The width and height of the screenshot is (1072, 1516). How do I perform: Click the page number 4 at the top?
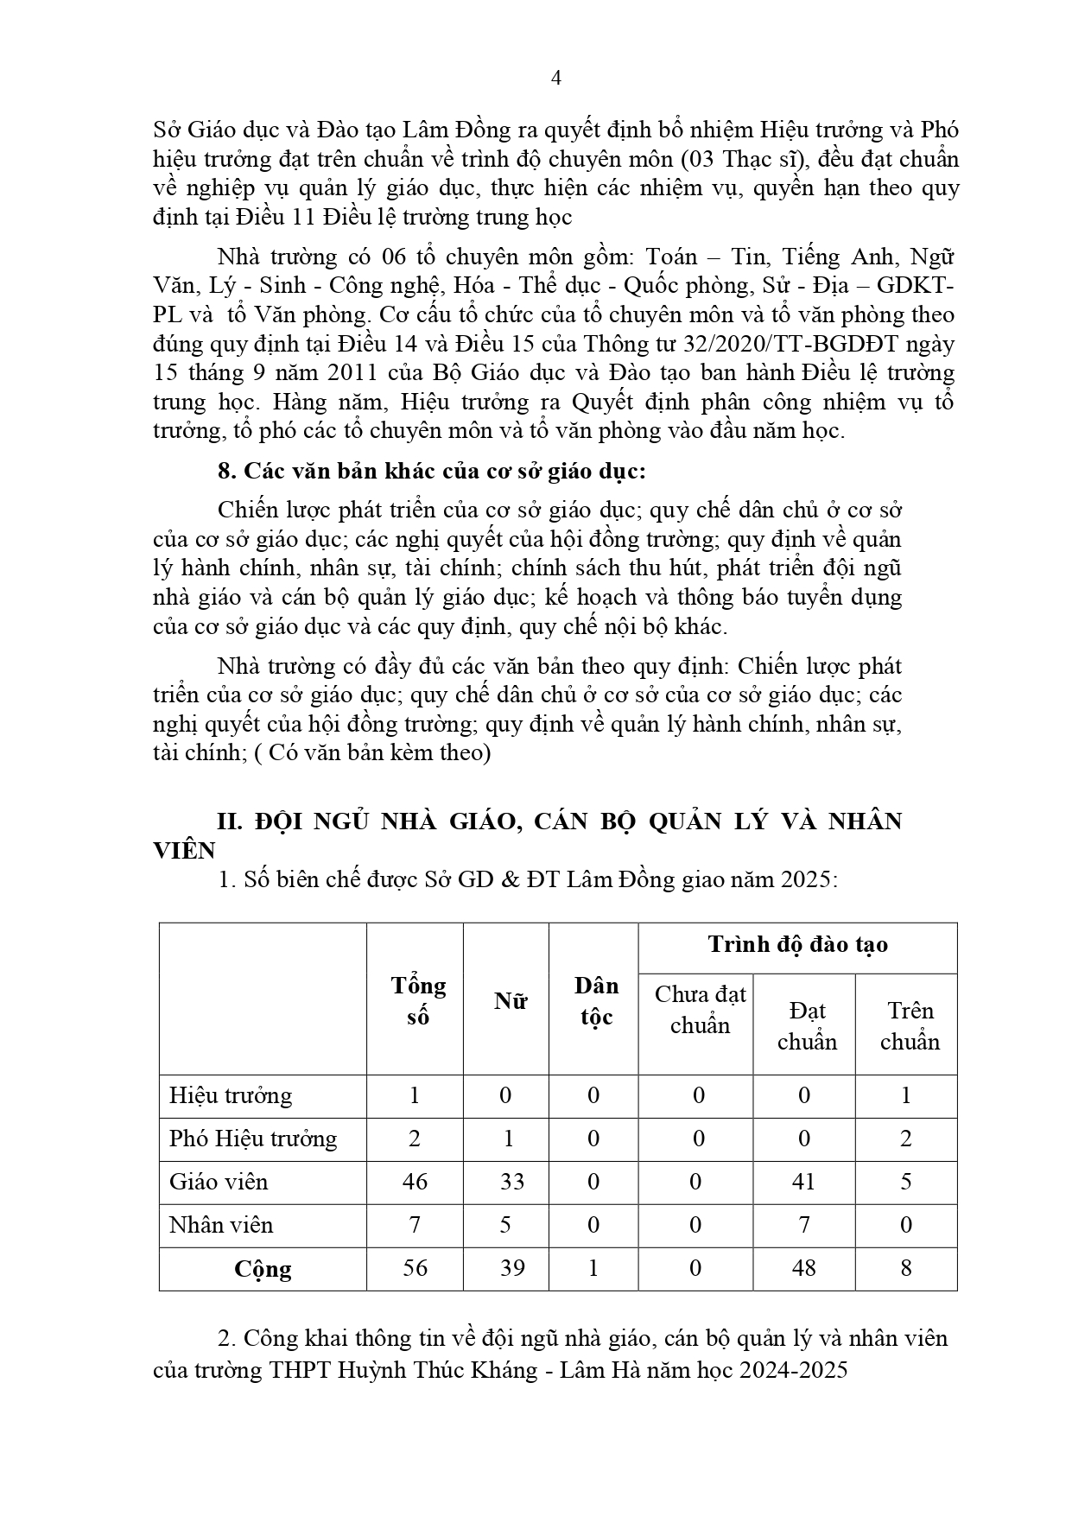point(556,79)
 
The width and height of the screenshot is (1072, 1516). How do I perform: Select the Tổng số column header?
point(418,1000)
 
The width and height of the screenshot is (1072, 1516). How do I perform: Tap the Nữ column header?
point(510,1000)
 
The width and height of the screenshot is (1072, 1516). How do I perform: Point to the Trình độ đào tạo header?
point(797,944)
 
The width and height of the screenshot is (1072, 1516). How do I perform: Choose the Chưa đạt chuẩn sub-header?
point(700,1010)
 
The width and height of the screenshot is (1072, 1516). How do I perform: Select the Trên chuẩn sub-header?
point(910,1025)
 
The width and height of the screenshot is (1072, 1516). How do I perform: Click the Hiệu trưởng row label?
point(231,1095)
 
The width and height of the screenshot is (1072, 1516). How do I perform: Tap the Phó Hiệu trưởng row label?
point(253,1139)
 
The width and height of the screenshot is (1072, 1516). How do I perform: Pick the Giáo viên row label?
point(219,1182)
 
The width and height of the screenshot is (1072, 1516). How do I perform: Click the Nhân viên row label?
point(221,1225)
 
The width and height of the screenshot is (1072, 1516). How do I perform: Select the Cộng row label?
point(263,1269)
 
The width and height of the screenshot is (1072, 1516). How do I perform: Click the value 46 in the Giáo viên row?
point(415,1182)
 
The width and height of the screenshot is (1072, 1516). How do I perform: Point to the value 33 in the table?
point(511,1182)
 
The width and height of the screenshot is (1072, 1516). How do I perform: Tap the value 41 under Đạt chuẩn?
point(803,1182)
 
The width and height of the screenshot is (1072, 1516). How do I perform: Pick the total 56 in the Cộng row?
point(415,1268)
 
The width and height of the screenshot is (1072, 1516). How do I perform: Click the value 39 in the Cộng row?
point(511,1268)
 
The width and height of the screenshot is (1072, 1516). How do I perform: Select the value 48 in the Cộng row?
point(803,1268)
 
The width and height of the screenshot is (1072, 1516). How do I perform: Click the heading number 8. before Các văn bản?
point(226,471)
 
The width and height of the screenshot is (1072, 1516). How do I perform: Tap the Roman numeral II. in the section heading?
point(230,821)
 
